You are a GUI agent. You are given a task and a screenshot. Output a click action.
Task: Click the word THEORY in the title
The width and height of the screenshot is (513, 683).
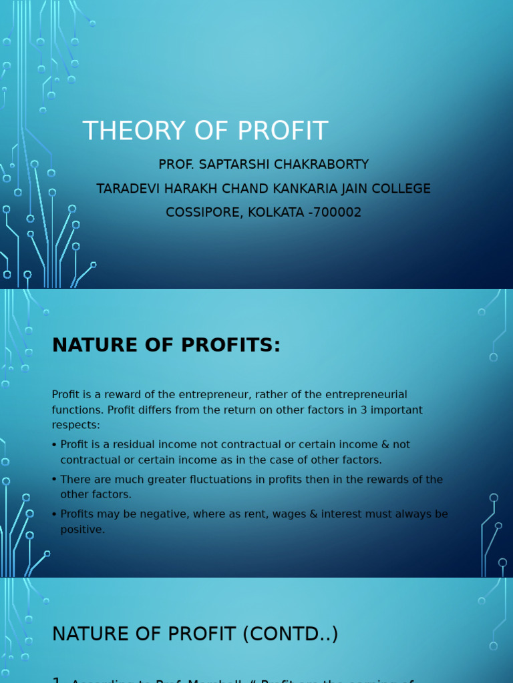[x=134, y=131]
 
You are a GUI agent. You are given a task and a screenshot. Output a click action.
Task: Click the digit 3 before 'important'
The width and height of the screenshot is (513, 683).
[x=351, y=410]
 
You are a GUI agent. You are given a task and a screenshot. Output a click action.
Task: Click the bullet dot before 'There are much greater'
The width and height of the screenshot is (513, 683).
[x=54, y=480]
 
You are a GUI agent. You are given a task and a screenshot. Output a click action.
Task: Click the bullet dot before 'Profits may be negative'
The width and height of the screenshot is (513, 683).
[x=54, y=514]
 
